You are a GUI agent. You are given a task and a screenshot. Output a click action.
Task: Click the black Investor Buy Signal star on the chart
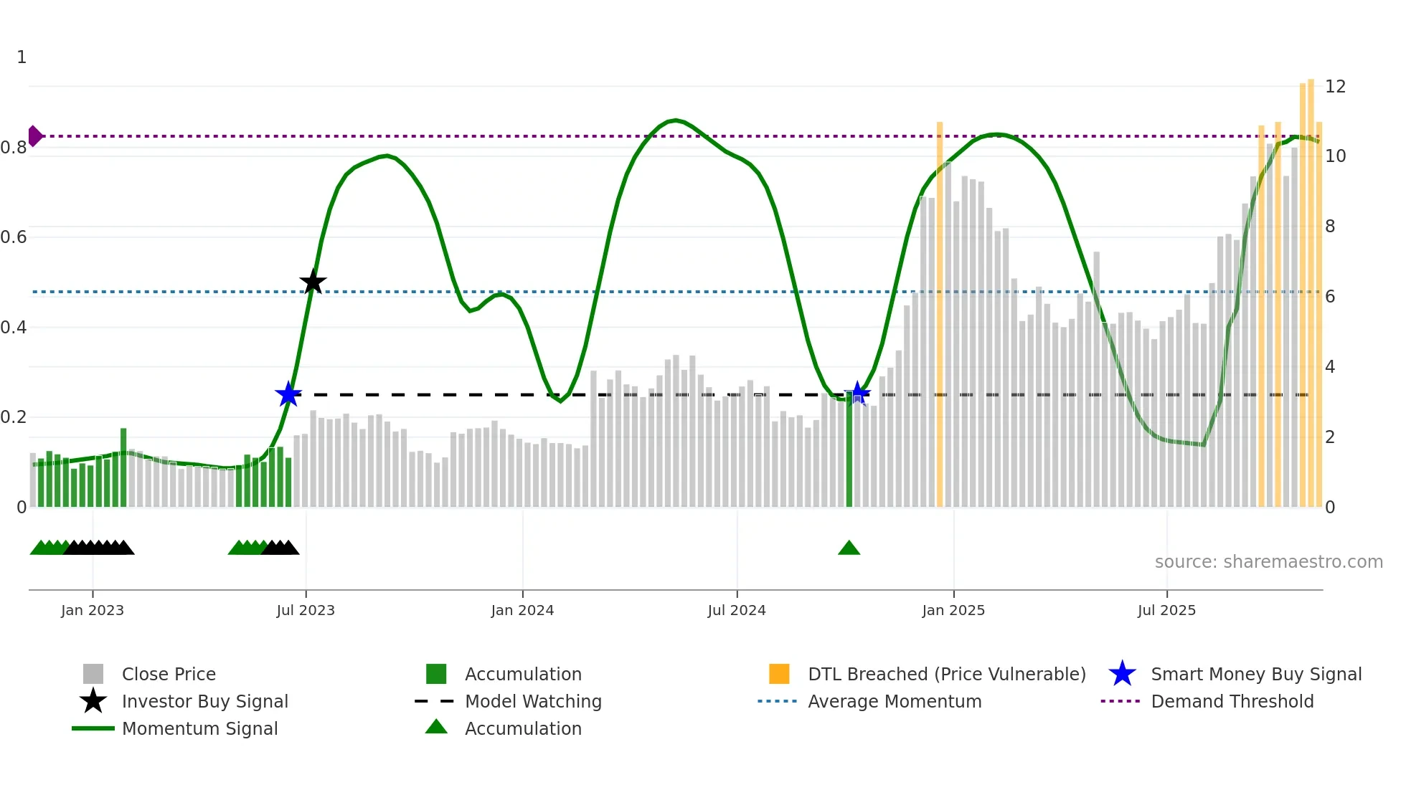[x=313, y=282]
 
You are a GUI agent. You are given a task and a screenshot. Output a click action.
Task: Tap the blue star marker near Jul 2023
[x=288, y=394]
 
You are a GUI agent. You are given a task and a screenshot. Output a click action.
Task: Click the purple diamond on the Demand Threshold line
[x=34, y=135]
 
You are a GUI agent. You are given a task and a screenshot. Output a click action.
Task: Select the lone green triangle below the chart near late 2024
[x=849, y=548]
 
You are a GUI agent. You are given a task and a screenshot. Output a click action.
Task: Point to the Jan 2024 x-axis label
[x=522, y=610]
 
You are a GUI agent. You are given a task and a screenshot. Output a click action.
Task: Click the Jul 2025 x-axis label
[x=1166, y=610]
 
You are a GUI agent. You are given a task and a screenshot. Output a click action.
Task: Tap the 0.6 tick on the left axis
[x=14, y=237]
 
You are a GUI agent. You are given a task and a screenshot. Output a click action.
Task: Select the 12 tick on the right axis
[x=1335, y=87]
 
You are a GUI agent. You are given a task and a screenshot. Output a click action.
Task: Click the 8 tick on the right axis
[x=1330, y=227]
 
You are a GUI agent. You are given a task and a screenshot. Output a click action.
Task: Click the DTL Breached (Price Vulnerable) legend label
[x=946, y=674]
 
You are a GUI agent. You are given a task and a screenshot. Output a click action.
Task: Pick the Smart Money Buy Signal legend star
[x=1122, y=674]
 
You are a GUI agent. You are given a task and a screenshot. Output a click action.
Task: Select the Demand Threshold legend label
[x=1232, y=701]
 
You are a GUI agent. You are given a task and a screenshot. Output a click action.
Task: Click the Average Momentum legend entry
[x=894, y=701]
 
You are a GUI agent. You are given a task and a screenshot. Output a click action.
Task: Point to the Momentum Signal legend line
[x=93, y=728]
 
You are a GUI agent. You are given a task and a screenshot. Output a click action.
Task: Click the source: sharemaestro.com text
[x=1268, y=562]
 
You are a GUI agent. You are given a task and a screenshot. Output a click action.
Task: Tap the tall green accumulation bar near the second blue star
[x=849, y=452]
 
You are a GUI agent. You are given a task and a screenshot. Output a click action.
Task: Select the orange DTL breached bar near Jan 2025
[x=939, y=315]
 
